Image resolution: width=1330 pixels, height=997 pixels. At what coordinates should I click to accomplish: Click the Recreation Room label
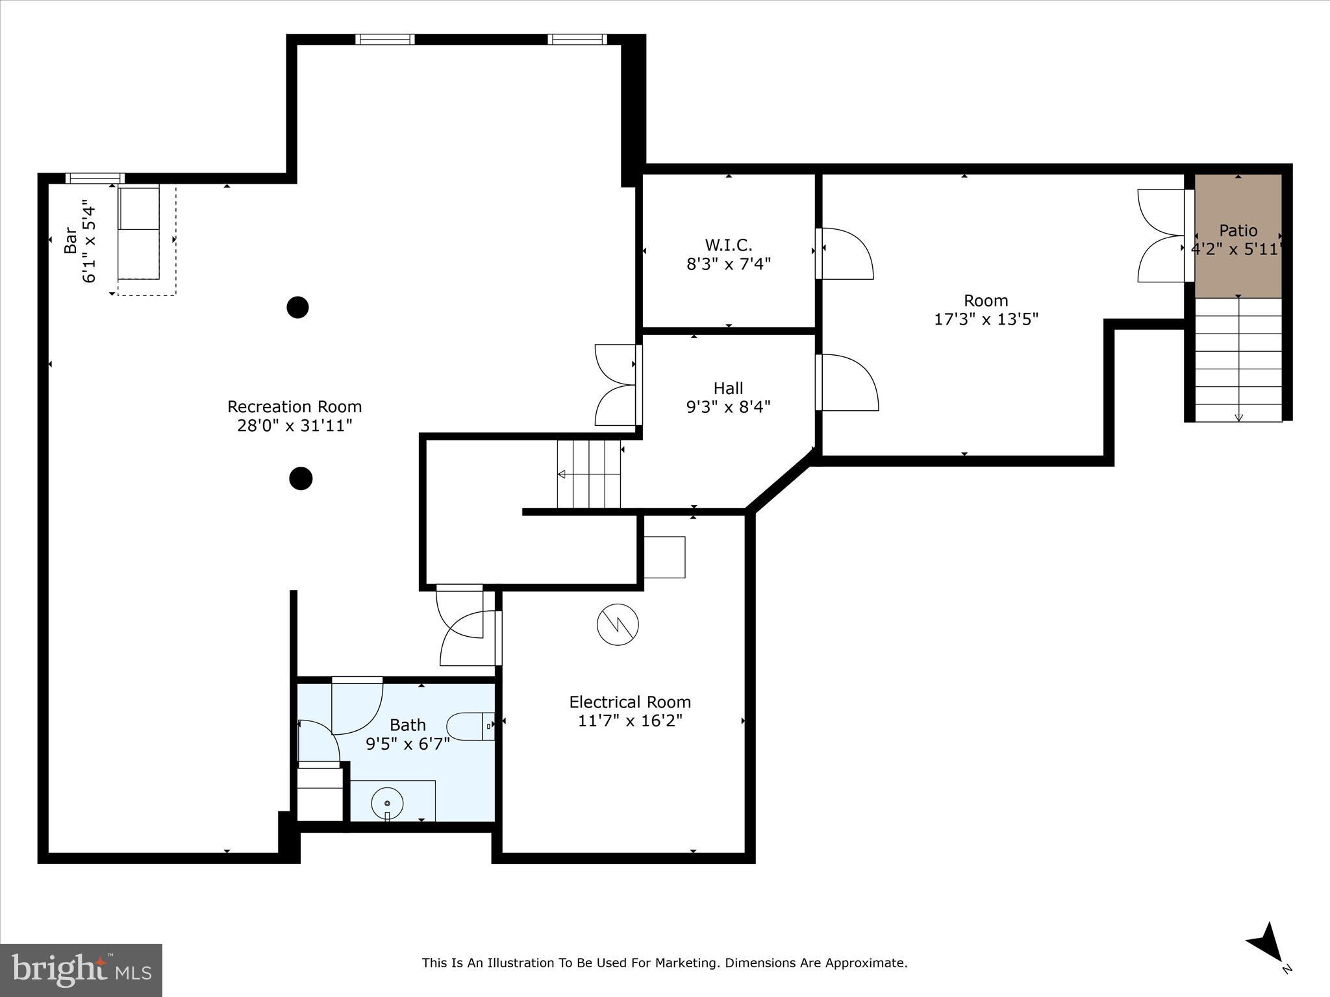294,407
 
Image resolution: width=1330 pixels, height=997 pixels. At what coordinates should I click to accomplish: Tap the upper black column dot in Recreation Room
297,307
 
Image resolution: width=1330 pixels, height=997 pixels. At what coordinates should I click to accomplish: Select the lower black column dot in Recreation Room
300,478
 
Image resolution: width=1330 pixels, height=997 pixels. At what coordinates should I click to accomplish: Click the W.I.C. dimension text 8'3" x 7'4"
729,264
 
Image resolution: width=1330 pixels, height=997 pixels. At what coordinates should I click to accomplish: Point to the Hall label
728,388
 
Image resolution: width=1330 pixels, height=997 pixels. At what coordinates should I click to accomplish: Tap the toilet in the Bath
469,726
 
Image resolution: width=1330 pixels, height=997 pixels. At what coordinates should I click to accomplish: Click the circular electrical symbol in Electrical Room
618,624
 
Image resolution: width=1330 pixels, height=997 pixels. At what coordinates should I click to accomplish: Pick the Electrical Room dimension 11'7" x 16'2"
630,721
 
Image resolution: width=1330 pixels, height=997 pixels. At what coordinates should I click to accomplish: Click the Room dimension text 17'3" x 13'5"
986,319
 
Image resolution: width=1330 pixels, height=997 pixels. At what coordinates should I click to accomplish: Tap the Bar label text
70,240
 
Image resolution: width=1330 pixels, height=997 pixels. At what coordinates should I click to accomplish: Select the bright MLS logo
81,970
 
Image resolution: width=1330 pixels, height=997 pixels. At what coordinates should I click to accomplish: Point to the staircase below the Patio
1238,360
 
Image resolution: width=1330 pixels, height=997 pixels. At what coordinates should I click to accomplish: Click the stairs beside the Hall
588,474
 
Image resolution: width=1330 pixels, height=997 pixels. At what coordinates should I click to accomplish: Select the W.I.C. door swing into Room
846,254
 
